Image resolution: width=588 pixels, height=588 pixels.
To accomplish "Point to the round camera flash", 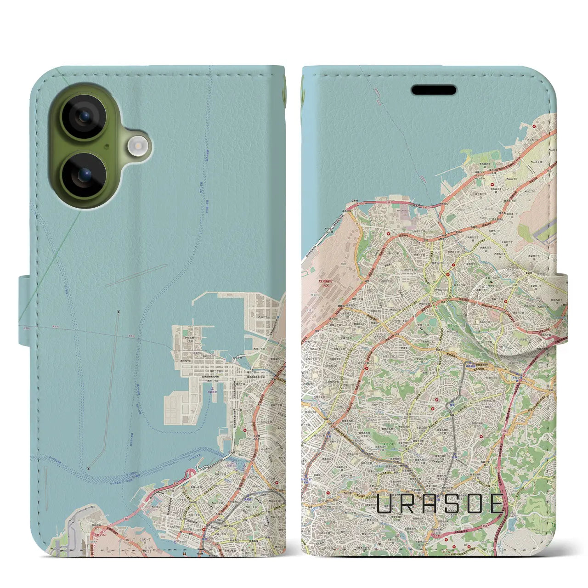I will (136, 146).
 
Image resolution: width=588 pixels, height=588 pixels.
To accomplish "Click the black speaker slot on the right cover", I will (434, 90).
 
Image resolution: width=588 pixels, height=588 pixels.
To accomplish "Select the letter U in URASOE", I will (384, 503).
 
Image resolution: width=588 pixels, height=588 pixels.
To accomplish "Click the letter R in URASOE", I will (407, 503).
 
